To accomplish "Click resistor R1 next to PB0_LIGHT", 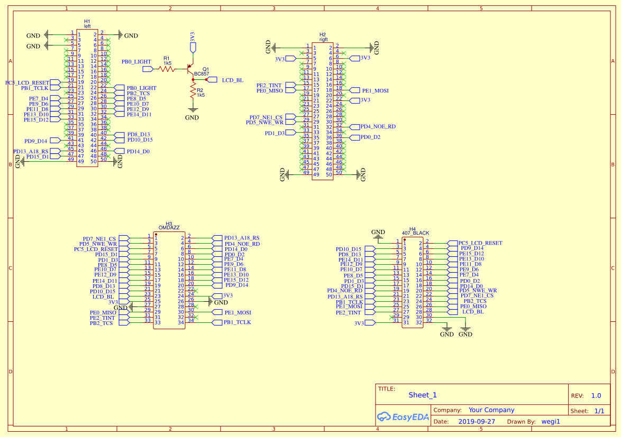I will pyautogui.click(x=167, y=69).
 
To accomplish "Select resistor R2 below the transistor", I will pyautogui.click(x=193, y=92).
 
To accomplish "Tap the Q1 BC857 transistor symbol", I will pyautogui.click(x=190, y=70).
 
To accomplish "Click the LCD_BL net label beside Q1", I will pyautogui.click(x=232, y=80).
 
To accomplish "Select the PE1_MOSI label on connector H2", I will pyautogui.click(x=375, y=90).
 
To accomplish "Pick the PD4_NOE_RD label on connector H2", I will pyautogui.click(x=378, y=127).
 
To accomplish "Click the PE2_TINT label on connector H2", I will pyautogui.click(x=269, y=85).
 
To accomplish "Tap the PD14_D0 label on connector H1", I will pyautogui.click(x=138, y=151).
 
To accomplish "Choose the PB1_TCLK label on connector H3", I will pyautogui.click(x=237, y=322).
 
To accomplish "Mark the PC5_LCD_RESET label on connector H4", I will pyautogui.click(x=480, y=243).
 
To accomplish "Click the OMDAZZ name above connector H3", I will pyautogui.click(x=169, y=227).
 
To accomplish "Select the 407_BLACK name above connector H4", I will pyautogui.click(x=415, y=233).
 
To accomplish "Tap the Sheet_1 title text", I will pyautogui.click(x=423, y=395).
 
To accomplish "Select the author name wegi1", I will pyautogui.click(x=550, y=422).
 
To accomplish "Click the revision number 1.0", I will pyautogui.click(x=596, y=396).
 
